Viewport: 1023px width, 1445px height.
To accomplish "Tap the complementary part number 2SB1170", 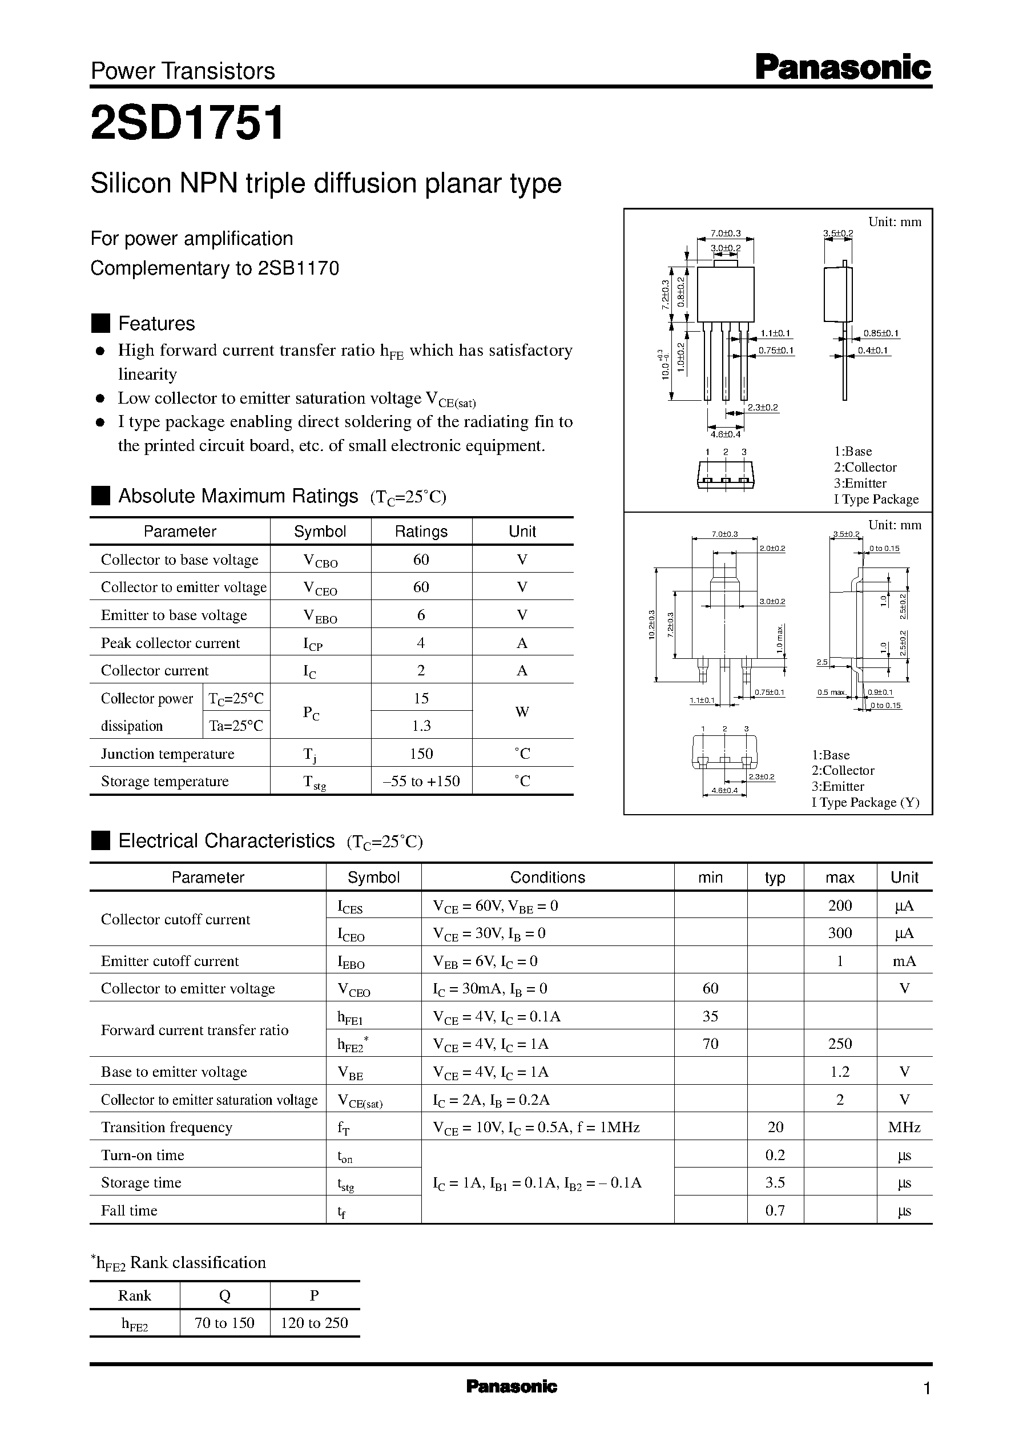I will click(x=299, y=268).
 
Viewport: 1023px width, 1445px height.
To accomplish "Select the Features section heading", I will click(x=156, y=323).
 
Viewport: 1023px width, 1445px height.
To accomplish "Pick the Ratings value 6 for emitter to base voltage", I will click(x=421, y=615).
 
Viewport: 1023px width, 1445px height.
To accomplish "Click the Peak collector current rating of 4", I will click(x=421, y=642).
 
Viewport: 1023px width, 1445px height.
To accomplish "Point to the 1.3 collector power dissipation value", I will click(x=421, y=726).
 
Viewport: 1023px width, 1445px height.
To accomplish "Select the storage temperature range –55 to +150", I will click(x=421, y=781).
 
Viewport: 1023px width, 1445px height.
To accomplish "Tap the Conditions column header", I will click(x=547, y=878).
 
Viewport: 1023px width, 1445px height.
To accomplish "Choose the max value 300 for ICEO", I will click(x=840, y=933).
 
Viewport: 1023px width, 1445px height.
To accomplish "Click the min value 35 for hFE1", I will click(x=710, y=1016).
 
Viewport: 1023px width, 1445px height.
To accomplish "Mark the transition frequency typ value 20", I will click(x=775, y=1127).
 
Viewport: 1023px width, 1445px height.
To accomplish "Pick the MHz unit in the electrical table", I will click(x=904, y=1127).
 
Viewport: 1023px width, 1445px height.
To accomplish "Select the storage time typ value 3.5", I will click(x=775, y=1182).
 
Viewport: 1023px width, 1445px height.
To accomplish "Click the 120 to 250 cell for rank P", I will click(x=315, y=1323).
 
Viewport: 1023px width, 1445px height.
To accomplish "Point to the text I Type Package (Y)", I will click(x=865, y=803).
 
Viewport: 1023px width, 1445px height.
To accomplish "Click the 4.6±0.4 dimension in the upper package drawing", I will click(x=725, y=434).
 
